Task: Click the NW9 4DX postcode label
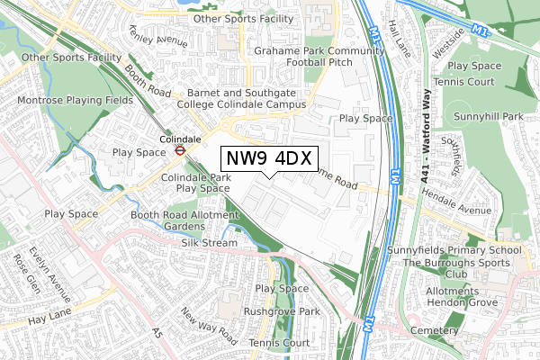pyautogui.click(x=267, y=159)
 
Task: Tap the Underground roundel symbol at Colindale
pyautogui.click(x=179, y=151)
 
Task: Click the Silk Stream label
pyautogui.click(x=208, y=243)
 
